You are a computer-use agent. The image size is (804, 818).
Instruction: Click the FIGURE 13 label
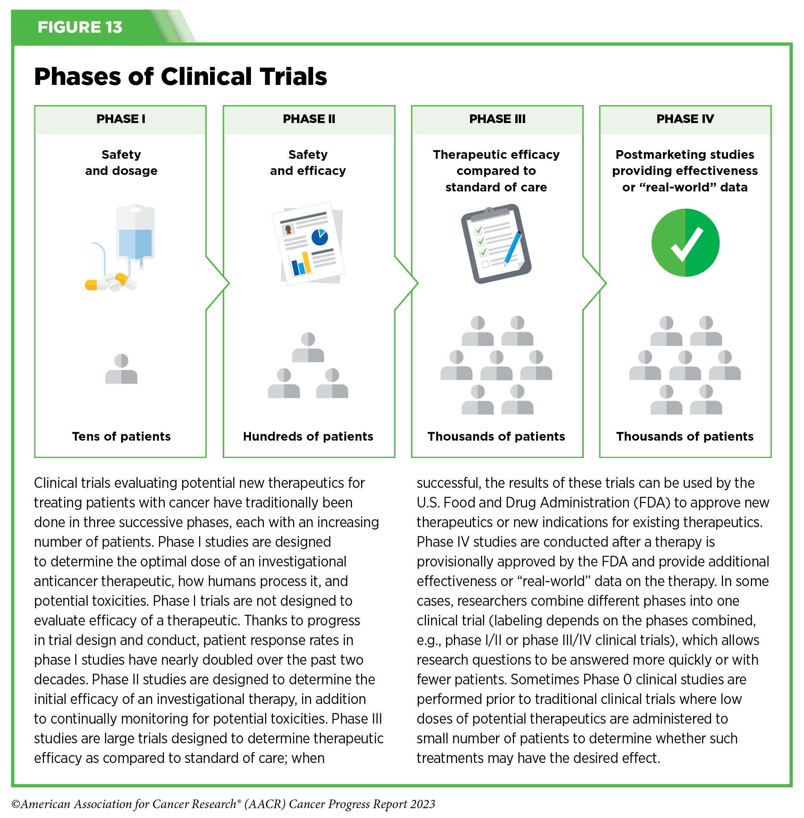pyautogui.click(x=80, y=27)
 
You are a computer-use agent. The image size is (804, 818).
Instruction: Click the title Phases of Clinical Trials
pyautogui.click(x=180, y=76)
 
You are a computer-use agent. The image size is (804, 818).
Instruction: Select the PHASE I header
pyautogui.click(x=121, y=119)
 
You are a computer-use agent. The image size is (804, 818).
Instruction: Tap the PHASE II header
pyautogui.click(x=309, y=119)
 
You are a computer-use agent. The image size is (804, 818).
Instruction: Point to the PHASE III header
pyautogui.click(x=497, y=119)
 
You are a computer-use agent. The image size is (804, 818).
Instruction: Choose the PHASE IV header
pyautogui.click(x=685, y=119)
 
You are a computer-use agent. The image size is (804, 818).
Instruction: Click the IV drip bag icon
pyautogui.click(x=135, y=234)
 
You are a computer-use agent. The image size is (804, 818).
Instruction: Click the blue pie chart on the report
pyautogui.click(x=320, y=237)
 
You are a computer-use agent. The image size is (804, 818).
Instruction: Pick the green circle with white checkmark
pyautogui.click(x=685, y=243)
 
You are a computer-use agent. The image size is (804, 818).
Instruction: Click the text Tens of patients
pyautogui.click(x=121, y=436)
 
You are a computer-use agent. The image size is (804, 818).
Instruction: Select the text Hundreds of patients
pyautogui.click(x=308, y=436)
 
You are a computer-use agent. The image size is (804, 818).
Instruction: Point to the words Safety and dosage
pyautogui.click(x=121, y=162)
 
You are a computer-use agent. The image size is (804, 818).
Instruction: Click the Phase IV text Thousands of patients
pyautogui.click(x=685, y=436)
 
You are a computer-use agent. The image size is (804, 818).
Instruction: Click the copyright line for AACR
pyautogui.click(x=223, y=804)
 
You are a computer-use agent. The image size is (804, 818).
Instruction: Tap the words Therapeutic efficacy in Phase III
pyautogui.click(x=496, y=154)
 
